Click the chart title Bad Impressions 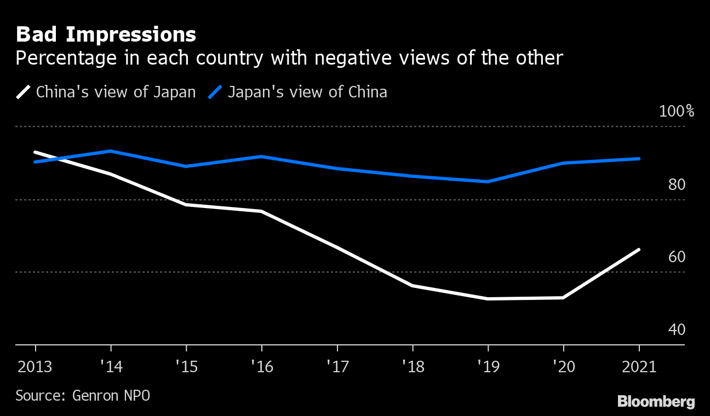[x=106, y=34]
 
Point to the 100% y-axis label [x=677, y=112]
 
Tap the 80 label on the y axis [x=677, y=185]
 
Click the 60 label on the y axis [x=677, y=257]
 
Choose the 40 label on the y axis [x=677, y=330]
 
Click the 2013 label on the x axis [x=35, y=366]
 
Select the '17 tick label [x=336, y=366]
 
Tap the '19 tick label [x=487, y=366]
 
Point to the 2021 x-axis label [x=638, y=366]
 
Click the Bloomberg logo [x=656, y=401]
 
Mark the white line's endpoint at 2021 [x=639, y=250]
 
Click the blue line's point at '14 [x=111, y=151]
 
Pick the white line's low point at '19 [x=488, y=299]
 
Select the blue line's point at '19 [x=488, y=182]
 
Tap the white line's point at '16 [x=262, y=211]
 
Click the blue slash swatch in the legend [x=215, y=92]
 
